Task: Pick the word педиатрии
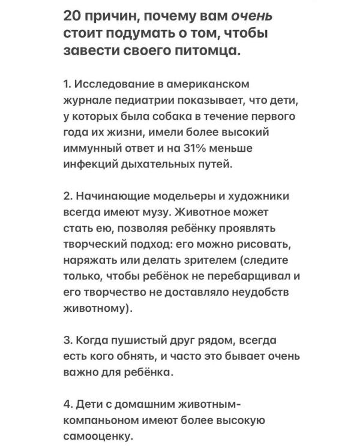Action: [146, 99]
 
